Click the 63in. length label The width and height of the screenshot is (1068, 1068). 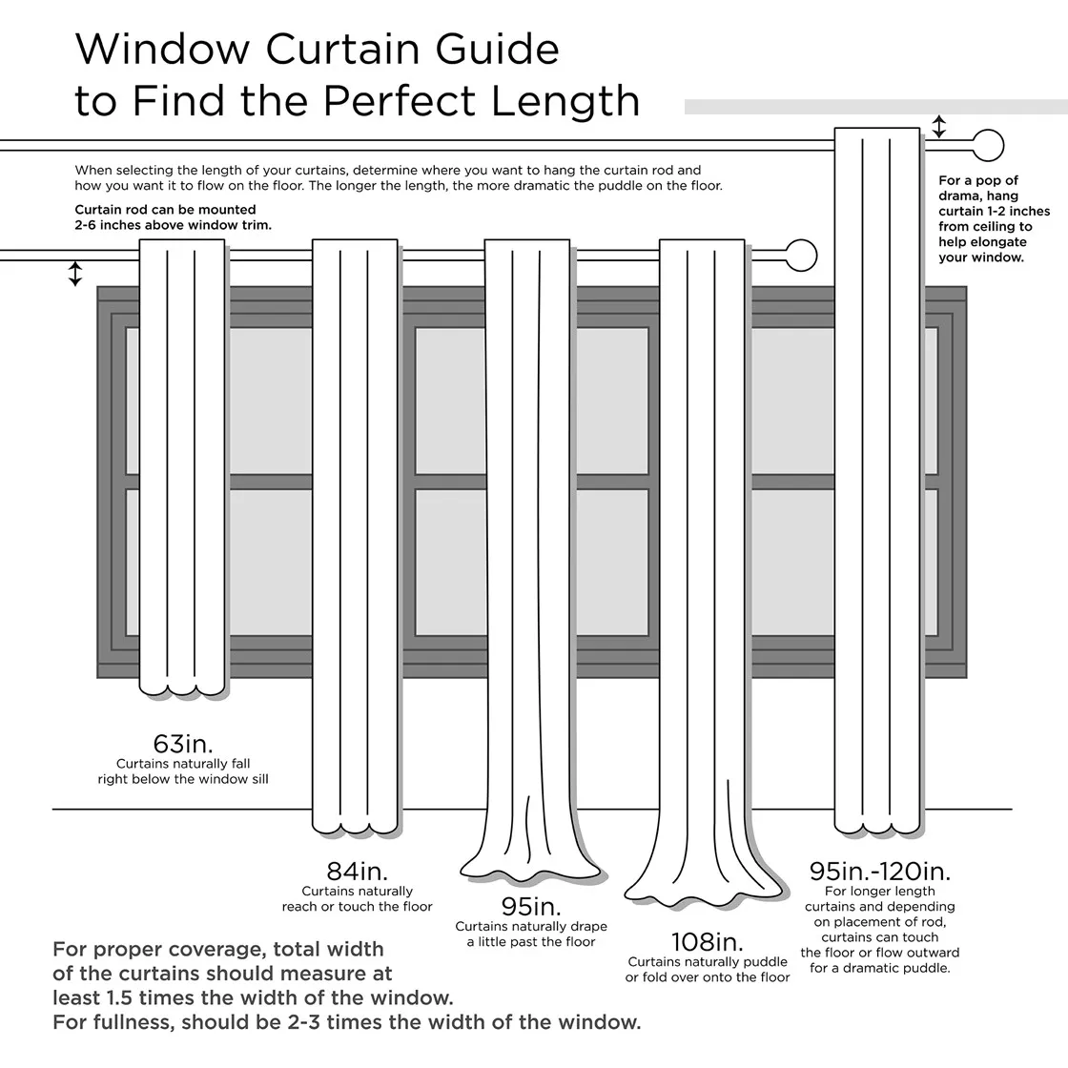(183, 743)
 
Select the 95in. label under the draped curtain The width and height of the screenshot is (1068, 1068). (531, 906)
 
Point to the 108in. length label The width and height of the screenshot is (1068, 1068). (707, 942)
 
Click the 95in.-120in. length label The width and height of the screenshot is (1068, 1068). (879, 871)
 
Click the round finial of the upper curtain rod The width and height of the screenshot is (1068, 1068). (988, 147)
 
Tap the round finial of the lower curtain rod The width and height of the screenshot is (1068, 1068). (801, 256)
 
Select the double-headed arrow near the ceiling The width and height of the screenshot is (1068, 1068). (939, 127)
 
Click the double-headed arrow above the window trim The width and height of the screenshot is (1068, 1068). (75, 274)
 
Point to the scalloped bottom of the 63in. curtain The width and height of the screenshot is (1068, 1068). (182, 687)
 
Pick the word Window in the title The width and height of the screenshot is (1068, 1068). (163, 49)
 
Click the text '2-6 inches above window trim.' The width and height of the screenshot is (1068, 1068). (173, 225)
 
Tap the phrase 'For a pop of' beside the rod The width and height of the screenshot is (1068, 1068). (978, 180)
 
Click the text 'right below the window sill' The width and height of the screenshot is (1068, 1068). (183, 779)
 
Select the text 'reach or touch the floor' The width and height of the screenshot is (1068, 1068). (357, 906)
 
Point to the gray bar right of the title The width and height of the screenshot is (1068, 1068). (875, 107)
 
